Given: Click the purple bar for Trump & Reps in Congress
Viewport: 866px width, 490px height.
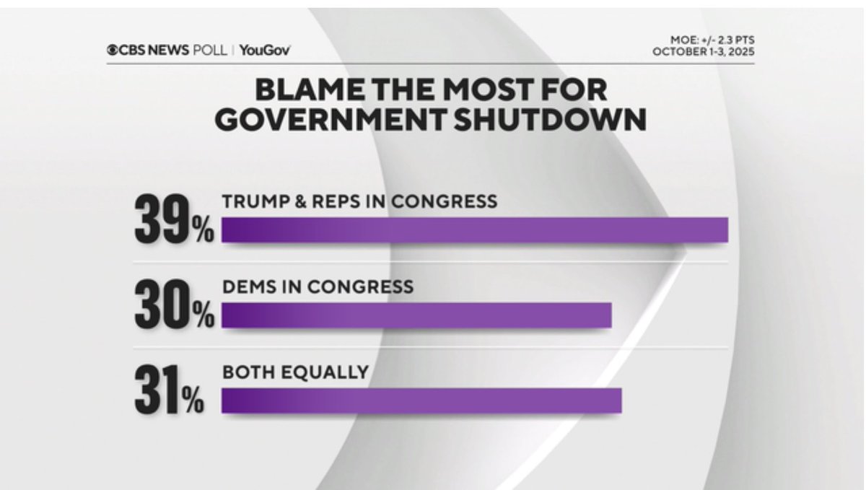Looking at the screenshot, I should tap(474, 230).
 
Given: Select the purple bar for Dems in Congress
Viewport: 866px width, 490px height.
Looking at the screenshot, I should tap(416, 315).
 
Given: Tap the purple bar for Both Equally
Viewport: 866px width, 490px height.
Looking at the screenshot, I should tap(421, 401).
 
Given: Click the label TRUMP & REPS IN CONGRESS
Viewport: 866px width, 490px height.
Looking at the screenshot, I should tap(359, 201).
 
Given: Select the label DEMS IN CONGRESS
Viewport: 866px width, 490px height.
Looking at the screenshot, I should tap(318, 286).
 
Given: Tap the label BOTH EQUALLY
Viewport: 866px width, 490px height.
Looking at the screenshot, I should tap(295, 372).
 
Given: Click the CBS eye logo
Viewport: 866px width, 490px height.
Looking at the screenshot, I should tap(113, 51).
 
